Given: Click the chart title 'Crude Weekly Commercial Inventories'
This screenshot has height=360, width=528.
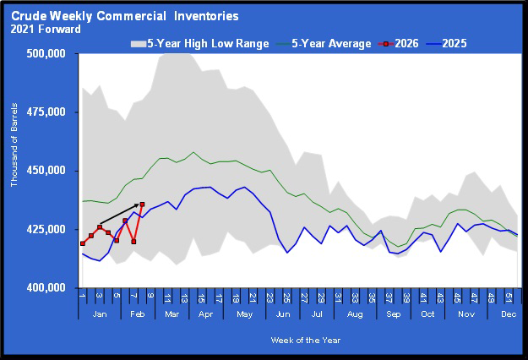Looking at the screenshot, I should click(x=125, y=16).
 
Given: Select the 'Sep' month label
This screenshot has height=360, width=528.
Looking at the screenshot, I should click(x=393, y=314).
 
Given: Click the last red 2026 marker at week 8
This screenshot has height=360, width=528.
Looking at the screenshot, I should click(x=142, y=205).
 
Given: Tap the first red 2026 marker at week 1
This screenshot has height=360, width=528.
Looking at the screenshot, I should click(x=82, y=243).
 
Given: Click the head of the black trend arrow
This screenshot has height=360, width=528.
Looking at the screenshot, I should click(x=139, y=204).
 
